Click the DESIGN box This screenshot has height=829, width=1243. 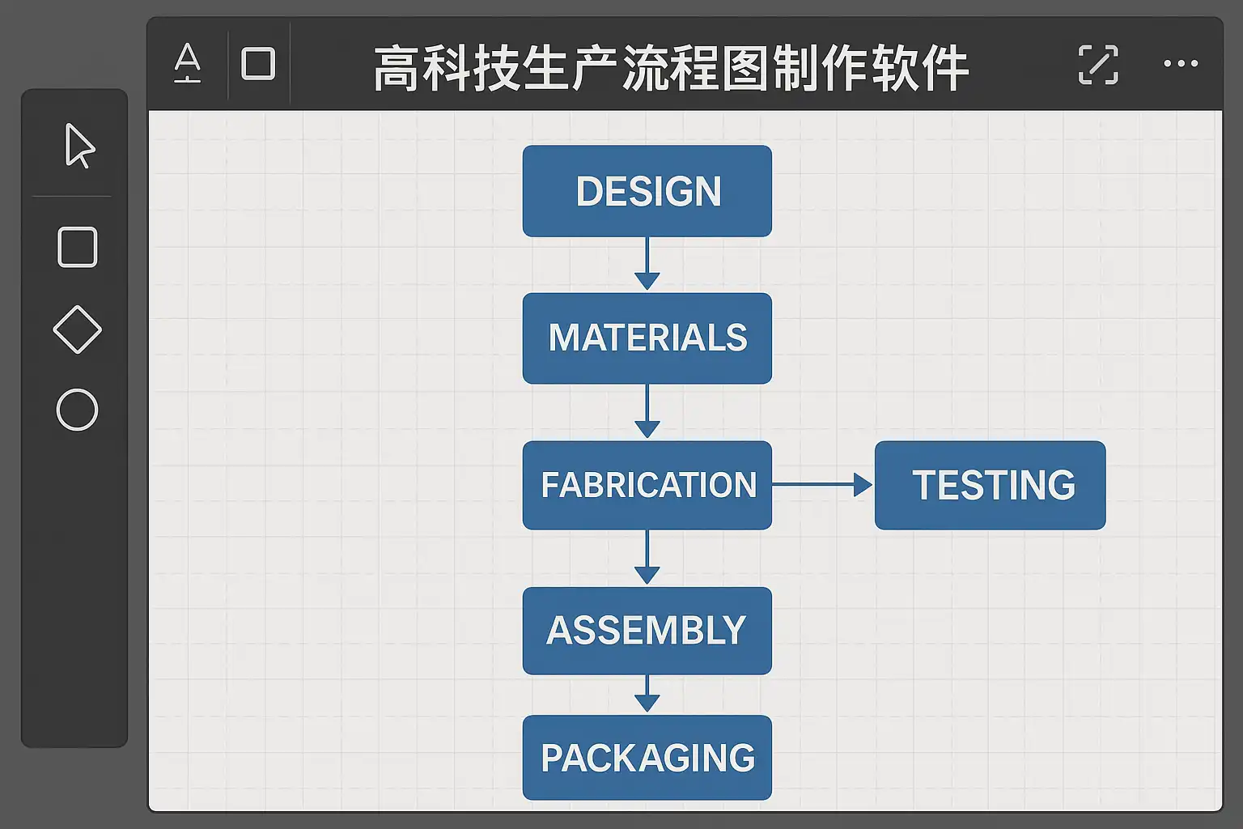[x=647, y=191]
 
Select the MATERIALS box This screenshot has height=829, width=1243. [x=647, y=338]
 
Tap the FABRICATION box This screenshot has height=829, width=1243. [x=647, y=485]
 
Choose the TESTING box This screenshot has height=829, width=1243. [x=990, y=485]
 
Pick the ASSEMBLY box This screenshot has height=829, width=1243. [x=647, y=631]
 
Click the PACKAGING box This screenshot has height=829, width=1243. [x=647, y=758]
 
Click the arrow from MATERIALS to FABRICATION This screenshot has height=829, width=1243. [x=647, y=412]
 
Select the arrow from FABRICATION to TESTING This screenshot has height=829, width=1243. [x=822, y=485]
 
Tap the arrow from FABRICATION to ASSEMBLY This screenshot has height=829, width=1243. [x=647, y=558]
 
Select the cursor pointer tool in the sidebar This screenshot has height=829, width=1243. [x=79, y=146]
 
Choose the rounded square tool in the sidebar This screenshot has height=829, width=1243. [x=78, y=247]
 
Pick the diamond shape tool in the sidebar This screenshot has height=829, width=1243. [x=78, y=329]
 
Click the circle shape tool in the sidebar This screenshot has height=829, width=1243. [x=78, y=410]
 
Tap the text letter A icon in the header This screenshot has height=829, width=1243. [x=188, y=64]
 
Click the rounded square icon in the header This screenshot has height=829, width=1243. [x=258, y=64]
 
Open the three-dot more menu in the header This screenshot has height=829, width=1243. [x=1181, y=64]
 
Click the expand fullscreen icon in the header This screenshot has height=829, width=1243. [x=1098, y=65]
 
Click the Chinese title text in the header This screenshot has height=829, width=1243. [x=671, y=68]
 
